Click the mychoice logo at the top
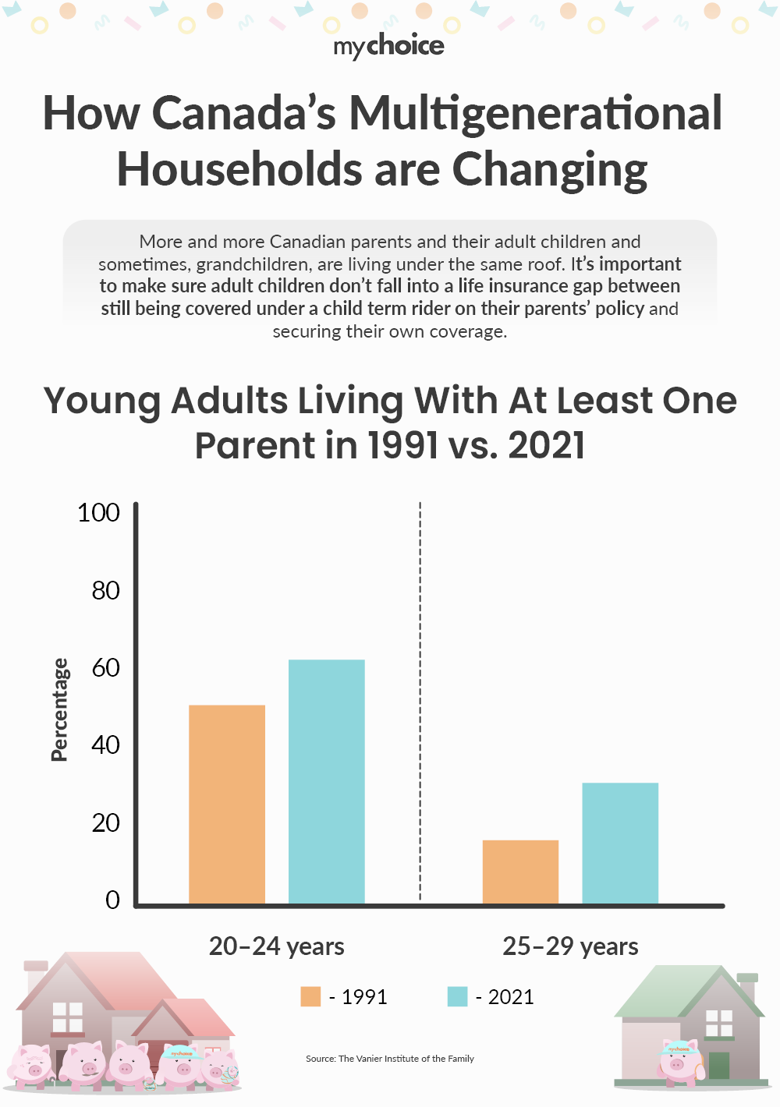(x=389, y=46)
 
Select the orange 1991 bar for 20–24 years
(x=227, y=804)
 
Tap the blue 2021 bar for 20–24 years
(x=326, y=781)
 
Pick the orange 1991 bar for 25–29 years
(x=520, y=872)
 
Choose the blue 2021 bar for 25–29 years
(x=620, y=843)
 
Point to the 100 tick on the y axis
(x=98, y=513)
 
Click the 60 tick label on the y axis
(x=105, y=668)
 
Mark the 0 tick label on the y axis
(x=112, y=900)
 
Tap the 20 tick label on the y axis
(x=105, y=823)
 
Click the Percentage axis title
(x=59, y=709)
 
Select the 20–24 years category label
(x=276, y=946)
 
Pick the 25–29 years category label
(x=570, y=946)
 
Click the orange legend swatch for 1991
(x=310, y=997)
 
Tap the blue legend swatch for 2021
(x=457, y=997)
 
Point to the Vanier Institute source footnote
(x=389, y=1059)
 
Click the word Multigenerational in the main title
(x=535, y=114)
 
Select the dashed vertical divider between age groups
(x=420, y=702)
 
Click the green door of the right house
(x=719, y=1065)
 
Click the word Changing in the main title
(x=550, y=170)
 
